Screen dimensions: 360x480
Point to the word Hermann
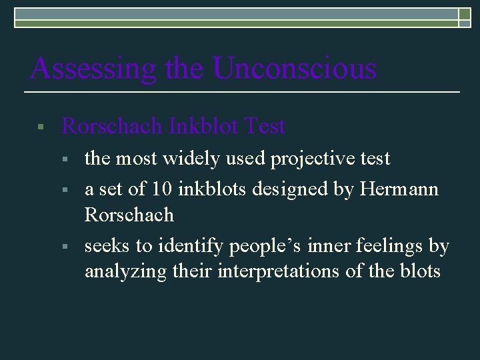click(x=399, y=189)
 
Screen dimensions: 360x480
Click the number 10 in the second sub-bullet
click(x=160, y=189)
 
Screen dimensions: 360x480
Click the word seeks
click(x=107, y=246)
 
